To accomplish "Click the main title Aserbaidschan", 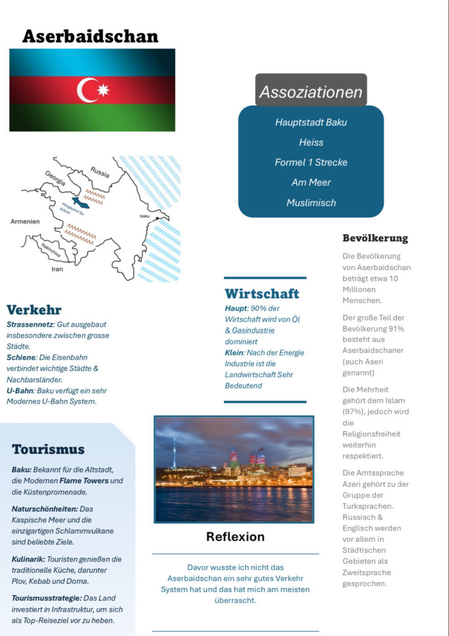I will pyautogui.click(x=90, y=36).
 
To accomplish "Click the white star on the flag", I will pyautogui.click(x=103, y=91).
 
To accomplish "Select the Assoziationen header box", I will pyautogui.click(x=311, y=92).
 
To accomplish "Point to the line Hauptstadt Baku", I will pyautogui.click(x=311, y=122).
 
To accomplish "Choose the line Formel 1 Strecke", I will pyautogui.click(x=311, y=162).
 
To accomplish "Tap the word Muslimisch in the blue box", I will pyautogui.click(x=311, y=202).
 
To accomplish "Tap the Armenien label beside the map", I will pyautogui.click(x=25, y=221).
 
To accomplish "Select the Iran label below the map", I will pyautogui.click(x=57, y=270).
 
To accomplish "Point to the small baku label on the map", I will pyautogui.click(x=144, y=216).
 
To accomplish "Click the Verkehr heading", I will pyautogui.click(x=34, y=309).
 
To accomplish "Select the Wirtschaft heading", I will pyautogui.click(x=262, y=293).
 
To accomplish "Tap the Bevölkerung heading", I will pyautogui.click(x=375, y=238).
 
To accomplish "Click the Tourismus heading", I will pyautogui.click(x=48, y=449).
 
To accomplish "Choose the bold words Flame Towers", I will pyautogui.click(x=84, y=481).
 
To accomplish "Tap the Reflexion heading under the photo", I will pyautogui.click(x=235, y=537).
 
